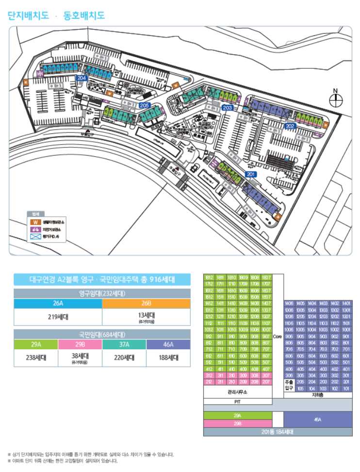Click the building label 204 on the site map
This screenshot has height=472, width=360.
pos(82,78)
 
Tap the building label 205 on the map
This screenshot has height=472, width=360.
pos(144,105)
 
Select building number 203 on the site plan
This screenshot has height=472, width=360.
pos(227,108)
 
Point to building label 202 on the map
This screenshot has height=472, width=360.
pos(290,126)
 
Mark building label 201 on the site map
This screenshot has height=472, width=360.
pos(251,174)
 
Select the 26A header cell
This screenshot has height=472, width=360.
pos(58,304)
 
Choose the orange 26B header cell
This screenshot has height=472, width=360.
pos(146,304)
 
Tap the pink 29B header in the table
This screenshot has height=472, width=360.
pos(80,344)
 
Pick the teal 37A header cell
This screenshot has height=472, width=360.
pos(124,344)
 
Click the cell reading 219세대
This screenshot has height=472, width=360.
pos(58,317)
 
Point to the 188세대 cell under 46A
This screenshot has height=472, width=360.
pos(168,358)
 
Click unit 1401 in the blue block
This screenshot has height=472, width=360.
pos(346,304)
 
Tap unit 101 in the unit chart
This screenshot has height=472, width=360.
pos(346,389)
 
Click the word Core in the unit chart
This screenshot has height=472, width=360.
pos(277,336)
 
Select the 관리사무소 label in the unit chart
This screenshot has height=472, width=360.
pos(237,392)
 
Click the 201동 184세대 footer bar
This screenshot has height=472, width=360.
pos(278,432)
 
